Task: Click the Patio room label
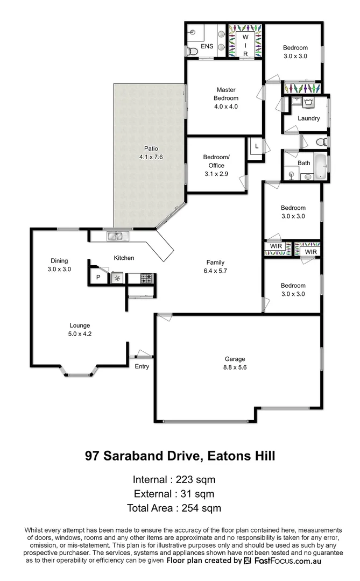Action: point(150,148)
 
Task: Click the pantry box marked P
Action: point(98,278)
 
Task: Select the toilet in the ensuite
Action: point(190,51)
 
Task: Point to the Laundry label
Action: point(308,118)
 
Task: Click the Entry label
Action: point(142,366)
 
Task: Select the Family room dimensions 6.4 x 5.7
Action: point(215,271)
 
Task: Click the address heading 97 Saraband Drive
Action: point(180,456)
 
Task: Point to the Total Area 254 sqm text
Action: point(174,507)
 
